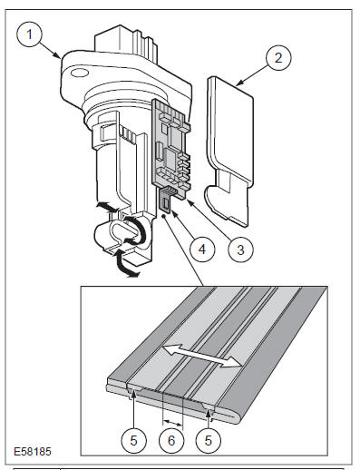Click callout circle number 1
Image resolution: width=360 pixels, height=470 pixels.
pyautogui.click(x=30, y=34)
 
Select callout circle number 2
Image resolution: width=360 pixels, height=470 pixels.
pyautogui.click(x=278, y=57)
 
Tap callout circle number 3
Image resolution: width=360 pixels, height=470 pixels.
pyautogui.click(x=240, y=250)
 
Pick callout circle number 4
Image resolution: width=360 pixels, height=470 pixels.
pyautogui.click(x=202, y=250)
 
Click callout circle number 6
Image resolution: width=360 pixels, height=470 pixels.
pyautogui.click(x=171, y=440)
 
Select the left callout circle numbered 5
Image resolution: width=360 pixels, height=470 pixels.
pyautogui.click(x=133, y=440)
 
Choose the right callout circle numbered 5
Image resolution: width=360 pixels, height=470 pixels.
pyautogui.click(x=209, y=440)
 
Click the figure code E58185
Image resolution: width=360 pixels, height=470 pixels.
pyautogui.click(x=33, y=452)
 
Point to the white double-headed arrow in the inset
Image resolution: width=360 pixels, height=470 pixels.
pyautogui.click(x=202, y=357)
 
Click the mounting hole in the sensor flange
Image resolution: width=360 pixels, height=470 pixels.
pyautogui.click(x=79, y=73)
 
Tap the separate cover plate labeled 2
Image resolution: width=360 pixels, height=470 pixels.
pyautogui.click(x=229, y=152)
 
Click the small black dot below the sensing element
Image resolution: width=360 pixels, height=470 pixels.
pyautogui.click(x=164, y=216)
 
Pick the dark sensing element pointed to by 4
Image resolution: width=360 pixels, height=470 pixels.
pyautogui.click(x=165, y=201)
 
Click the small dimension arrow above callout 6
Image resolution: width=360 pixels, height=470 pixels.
pyautogui.click(x=172, y=421)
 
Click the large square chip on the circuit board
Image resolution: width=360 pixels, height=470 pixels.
pyautogui.click(x=171, y=158)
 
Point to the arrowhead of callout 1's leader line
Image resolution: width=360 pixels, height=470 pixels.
pyautogui.click(x=58, y=55)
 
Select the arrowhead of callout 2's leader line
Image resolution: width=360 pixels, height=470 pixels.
pyautogui.click(x=238, y=83)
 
